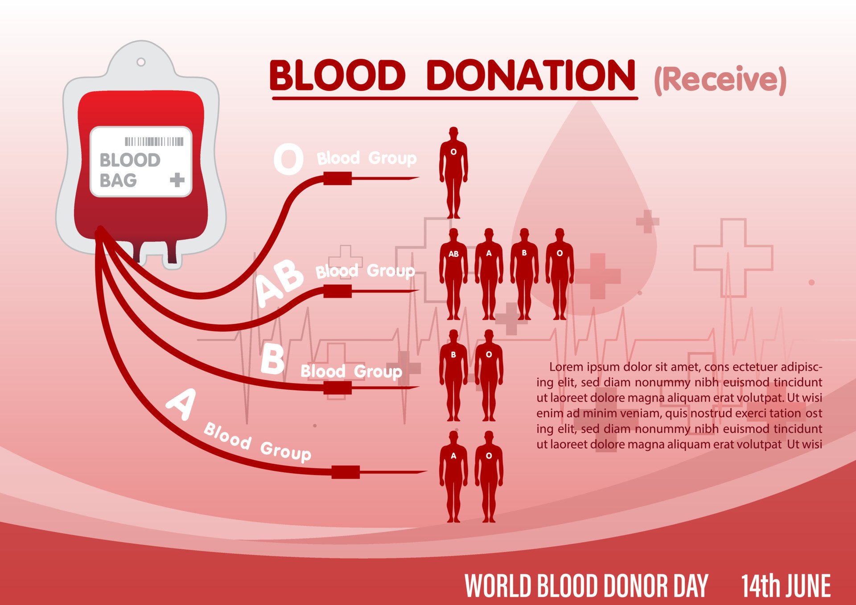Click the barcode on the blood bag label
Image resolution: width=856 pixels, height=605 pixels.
click(x=154, y=142)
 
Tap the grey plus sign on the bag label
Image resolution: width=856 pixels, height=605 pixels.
click(x=177, y=180)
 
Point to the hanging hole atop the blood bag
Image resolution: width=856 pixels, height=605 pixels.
click(x=141, y=62)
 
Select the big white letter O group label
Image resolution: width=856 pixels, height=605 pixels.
click(x=288, y=159)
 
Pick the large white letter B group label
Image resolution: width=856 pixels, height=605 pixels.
click(x=272, y=360)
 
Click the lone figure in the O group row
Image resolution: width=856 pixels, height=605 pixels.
click(x=453, y=173)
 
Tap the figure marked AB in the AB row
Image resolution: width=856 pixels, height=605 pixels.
click(x=453, y=274)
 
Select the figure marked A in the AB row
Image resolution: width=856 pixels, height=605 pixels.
click(x=489, y=274)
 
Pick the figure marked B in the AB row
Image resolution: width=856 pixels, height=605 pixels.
click(x=524, y=274)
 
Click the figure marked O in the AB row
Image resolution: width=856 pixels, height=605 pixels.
click(x=560, y=274)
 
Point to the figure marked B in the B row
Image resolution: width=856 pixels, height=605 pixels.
click(x=453, y=375)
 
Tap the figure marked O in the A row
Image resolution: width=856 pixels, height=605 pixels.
click(x=489, y=477)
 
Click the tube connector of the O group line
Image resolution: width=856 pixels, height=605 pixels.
click(x=337, y=179)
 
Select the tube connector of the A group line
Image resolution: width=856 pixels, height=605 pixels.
click(x=346, y=472)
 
